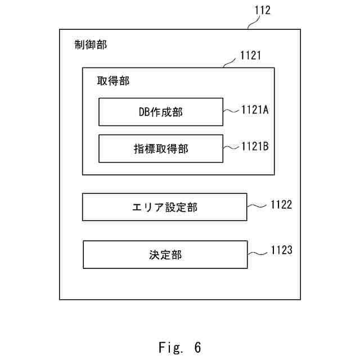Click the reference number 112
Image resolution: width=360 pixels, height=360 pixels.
263,10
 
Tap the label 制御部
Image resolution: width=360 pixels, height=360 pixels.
91,44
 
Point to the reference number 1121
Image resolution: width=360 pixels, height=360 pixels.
250,56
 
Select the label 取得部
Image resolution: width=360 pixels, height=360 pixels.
113,81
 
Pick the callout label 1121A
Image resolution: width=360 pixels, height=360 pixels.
255,110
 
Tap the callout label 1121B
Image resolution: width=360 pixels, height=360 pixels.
255,146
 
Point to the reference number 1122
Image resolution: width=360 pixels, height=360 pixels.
281,205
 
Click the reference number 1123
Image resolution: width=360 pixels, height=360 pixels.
282,250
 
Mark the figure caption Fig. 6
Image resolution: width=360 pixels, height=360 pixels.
180,347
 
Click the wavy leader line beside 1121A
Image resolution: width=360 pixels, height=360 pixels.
231,111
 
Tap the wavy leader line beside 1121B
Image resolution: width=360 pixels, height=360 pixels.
231,147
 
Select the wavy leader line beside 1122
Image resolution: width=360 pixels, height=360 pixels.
257,206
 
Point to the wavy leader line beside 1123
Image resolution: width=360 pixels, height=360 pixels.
258,253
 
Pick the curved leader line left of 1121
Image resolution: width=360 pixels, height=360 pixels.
229,63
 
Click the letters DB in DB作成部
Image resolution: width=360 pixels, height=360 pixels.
145,112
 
